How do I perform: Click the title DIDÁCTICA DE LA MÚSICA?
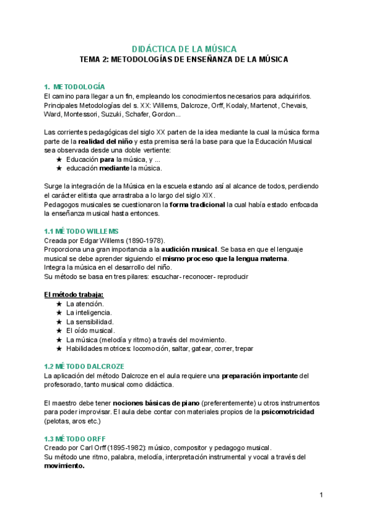click(184, 49)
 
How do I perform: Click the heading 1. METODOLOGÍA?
click(74, 86)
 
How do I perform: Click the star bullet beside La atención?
click(59, 304)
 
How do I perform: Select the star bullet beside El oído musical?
click(59, 331)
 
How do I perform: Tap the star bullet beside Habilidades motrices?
click(59, 348)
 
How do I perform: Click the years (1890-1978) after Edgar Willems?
click(140, 240)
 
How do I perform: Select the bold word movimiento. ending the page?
click(64, 466)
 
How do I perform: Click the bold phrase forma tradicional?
click(197, 204)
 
